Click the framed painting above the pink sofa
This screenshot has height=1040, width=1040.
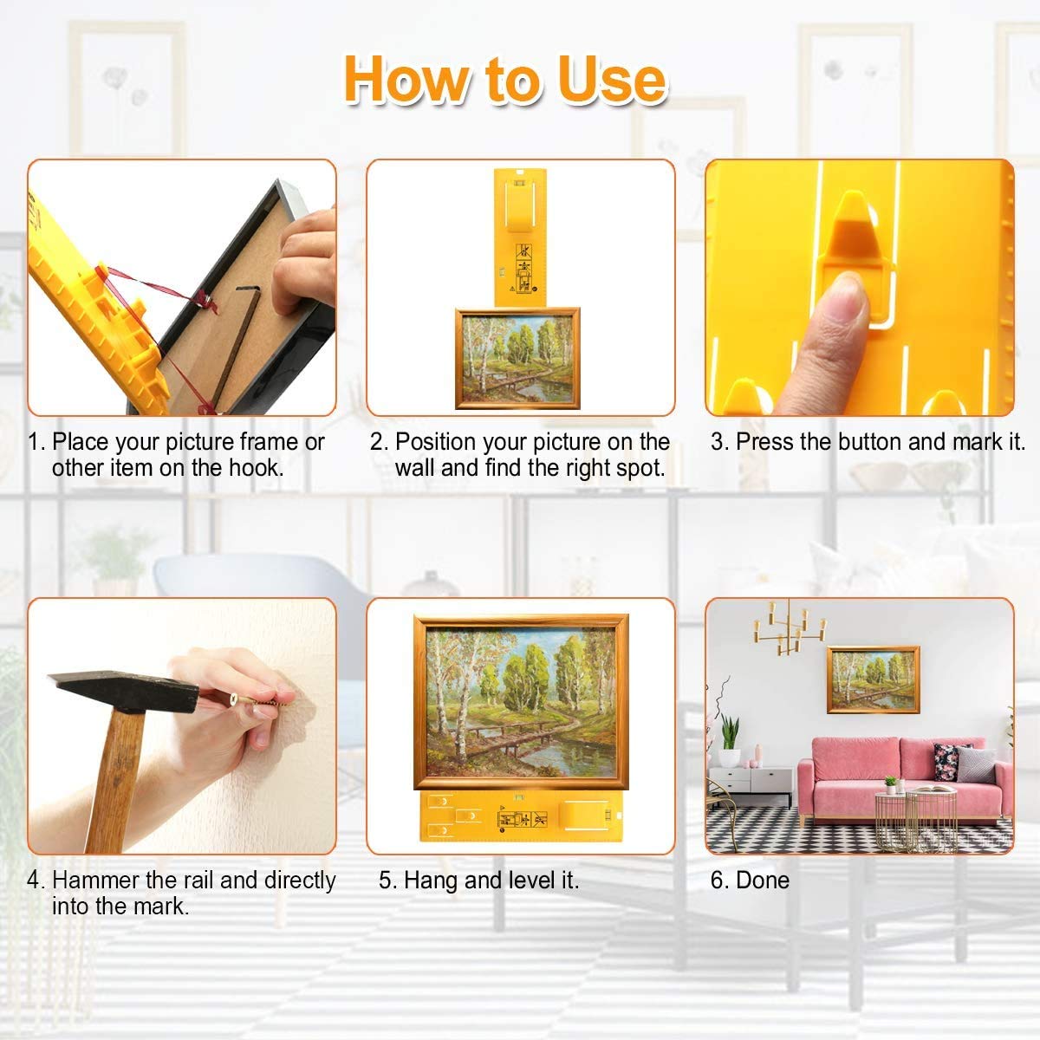(873, 679)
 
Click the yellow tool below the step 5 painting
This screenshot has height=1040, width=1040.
(520, 816)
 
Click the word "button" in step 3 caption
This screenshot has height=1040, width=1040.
(869, 442)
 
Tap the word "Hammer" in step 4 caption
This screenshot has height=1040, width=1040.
(96, 881)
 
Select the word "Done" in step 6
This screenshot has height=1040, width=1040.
(763, 881)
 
